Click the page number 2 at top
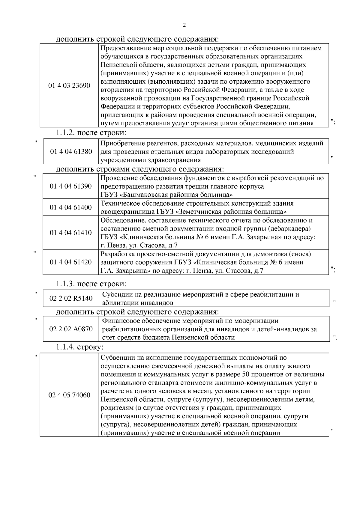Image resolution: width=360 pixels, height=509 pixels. tap(184, 25)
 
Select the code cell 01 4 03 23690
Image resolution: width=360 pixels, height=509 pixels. tap(69, 86)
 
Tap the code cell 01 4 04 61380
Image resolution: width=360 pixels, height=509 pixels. tap(71, 152)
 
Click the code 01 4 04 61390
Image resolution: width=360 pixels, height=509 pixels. tap(71, 186)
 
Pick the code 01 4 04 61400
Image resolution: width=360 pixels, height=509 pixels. tap(71, 207)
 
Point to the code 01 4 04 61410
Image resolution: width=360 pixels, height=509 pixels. tap(71, 233)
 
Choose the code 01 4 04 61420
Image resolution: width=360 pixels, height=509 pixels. tap(71, 262)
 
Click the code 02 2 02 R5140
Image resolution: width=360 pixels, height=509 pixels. tap(71, 299)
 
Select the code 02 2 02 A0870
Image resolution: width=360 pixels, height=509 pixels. tap(71, 329)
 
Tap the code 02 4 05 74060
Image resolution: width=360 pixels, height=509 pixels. tap(69, 395)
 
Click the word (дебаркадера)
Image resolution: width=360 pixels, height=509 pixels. tap(289, 229)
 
